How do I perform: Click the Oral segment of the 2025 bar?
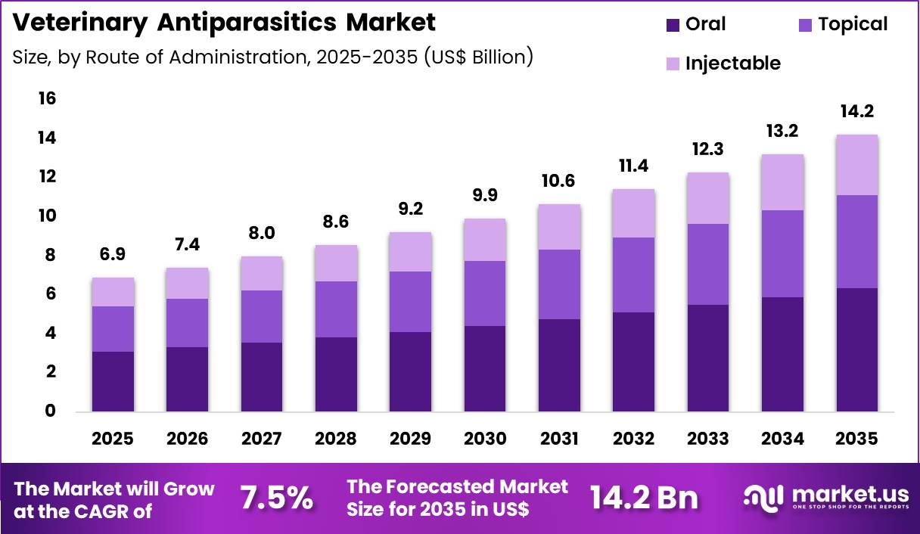click(x=112, y=381)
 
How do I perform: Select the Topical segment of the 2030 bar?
click(x=484, y=293)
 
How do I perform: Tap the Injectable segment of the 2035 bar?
click(x=856, y=165)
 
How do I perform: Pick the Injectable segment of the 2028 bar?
click(x=335, y=263)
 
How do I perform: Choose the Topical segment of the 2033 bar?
click(x=707, y=264)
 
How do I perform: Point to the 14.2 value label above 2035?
click(x=856, y=111)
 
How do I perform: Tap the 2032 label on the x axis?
click(x=633, y=439)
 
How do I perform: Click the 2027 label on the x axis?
click(x=261, y=439)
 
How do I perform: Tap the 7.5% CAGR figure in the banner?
click(x=277, y=498)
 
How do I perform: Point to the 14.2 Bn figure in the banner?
click(x=644, y=498)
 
